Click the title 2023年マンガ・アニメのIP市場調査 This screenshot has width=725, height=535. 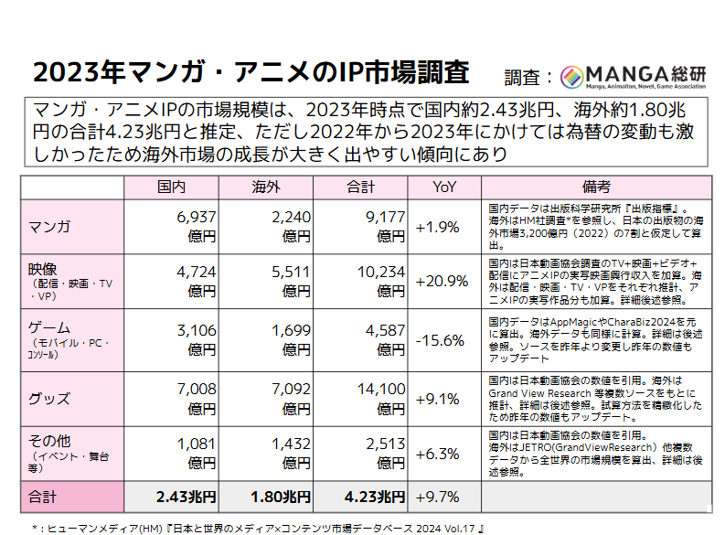point(251,72)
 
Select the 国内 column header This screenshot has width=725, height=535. point(171,187)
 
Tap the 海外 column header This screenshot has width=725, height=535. point(265,187)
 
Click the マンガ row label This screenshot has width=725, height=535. point(50,226)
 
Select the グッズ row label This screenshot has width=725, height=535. point(49,399)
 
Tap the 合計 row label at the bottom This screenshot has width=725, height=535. point(43,498)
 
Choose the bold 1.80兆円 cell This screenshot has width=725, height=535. point(279,498)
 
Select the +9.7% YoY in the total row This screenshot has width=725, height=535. point(438,498)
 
